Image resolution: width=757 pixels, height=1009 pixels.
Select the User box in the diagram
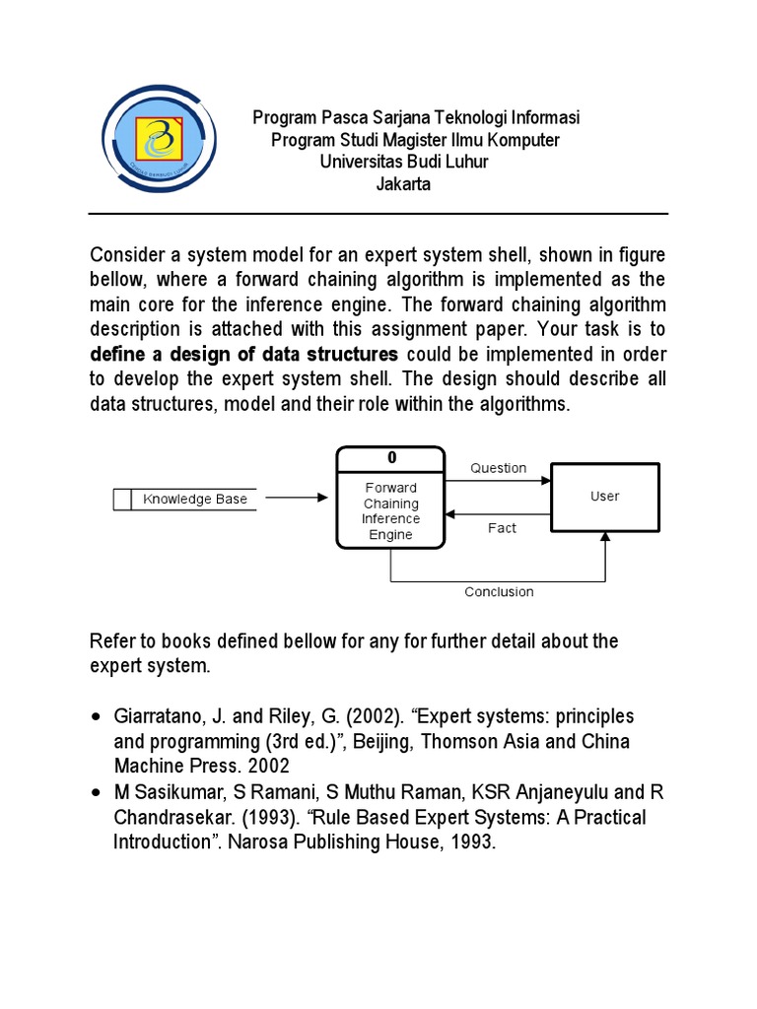(604, 497)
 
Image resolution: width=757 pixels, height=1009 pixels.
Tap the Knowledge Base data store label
(195, 499)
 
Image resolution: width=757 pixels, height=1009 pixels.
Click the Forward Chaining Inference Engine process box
(390, 510)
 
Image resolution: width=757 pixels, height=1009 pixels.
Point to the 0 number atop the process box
(390, 458)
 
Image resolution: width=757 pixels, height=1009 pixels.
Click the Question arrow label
(498, 468)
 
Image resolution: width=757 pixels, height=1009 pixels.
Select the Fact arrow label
(502, 528)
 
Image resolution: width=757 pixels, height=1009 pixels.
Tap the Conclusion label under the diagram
(499, 591)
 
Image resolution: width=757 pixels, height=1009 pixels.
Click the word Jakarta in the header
(403, 184)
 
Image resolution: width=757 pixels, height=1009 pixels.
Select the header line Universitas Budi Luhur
(403, 162)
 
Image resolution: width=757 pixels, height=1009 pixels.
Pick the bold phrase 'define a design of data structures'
(243, 354)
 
